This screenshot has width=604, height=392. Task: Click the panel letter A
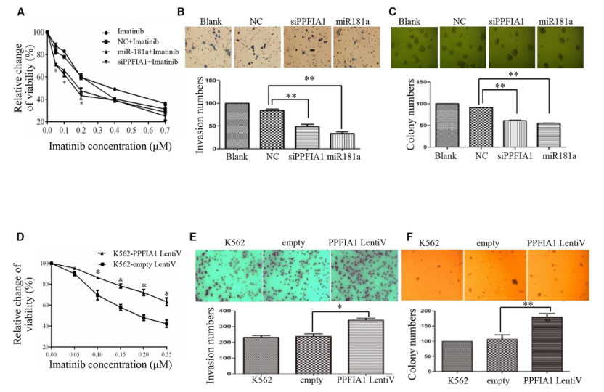[20, 12]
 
